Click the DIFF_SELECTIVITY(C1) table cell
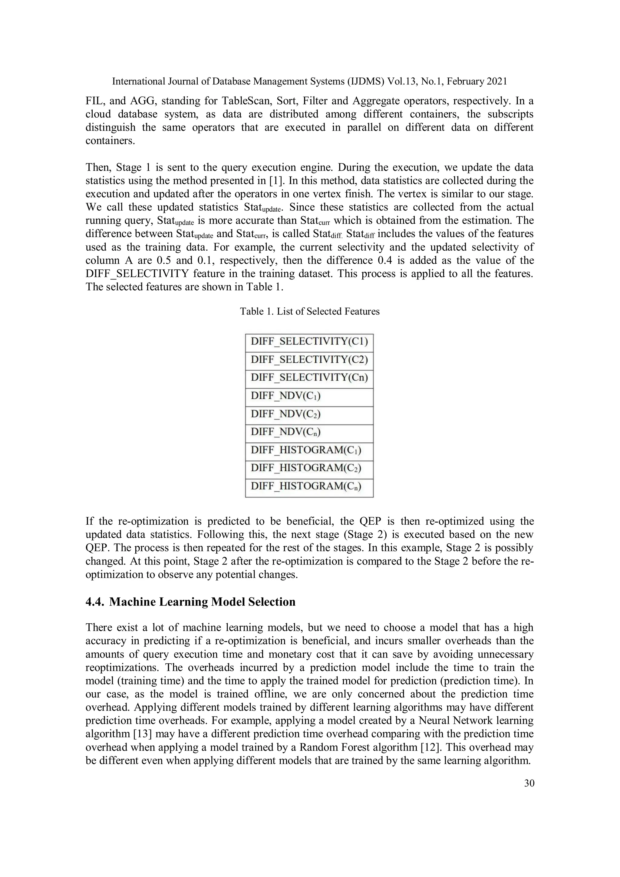(x=309, y=341)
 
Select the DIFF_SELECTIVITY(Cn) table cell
(x=309, y=378)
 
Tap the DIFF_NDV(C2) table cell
(x=309, y=414)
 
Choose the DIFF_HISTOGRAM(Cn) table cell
(x=309, y=486)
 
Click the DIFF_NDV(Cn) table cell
(x=309, y=432)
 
